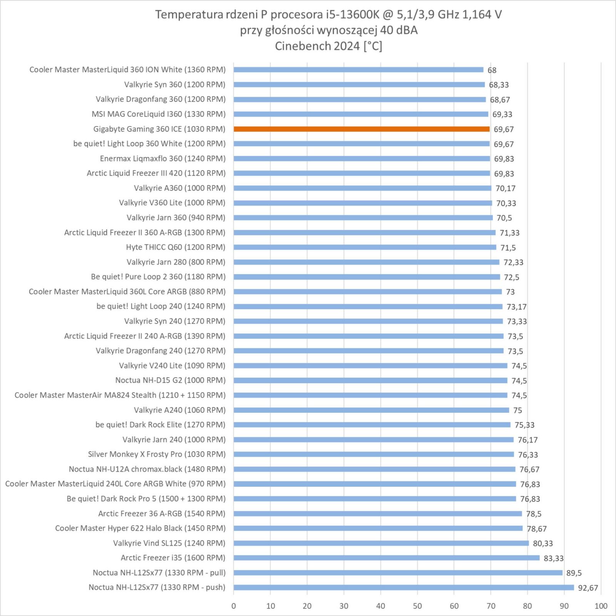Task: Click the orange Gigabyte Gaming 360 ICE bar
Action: coord(362,129)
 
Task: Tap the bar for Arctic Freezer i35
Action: coord(387,558)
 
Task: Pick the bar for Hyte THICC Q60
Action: coord(365,247)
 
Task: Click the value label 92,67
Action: coord(588,588)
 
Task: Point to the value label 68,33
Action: coord(499,85)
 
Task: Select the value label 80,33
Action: coord(542,544)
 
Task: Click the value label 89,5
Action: coord(574,573)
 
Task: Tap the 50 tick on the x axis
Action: coord(417,606)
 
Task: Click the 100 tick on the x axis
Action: coord(601,606)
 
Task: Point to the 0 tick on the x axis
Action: coord(234,606)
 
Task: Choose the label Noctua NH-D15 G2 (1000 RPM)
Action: coord(170,380)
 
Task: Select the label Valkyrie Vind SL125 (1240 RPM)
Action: coord(169,543)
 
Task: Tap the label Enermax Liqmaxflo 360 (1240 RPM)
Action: coord(162,158)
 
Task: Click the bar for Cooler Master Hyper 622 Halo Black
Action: coord(378,528)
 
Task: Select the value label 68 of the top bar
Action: coord(492,70)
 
